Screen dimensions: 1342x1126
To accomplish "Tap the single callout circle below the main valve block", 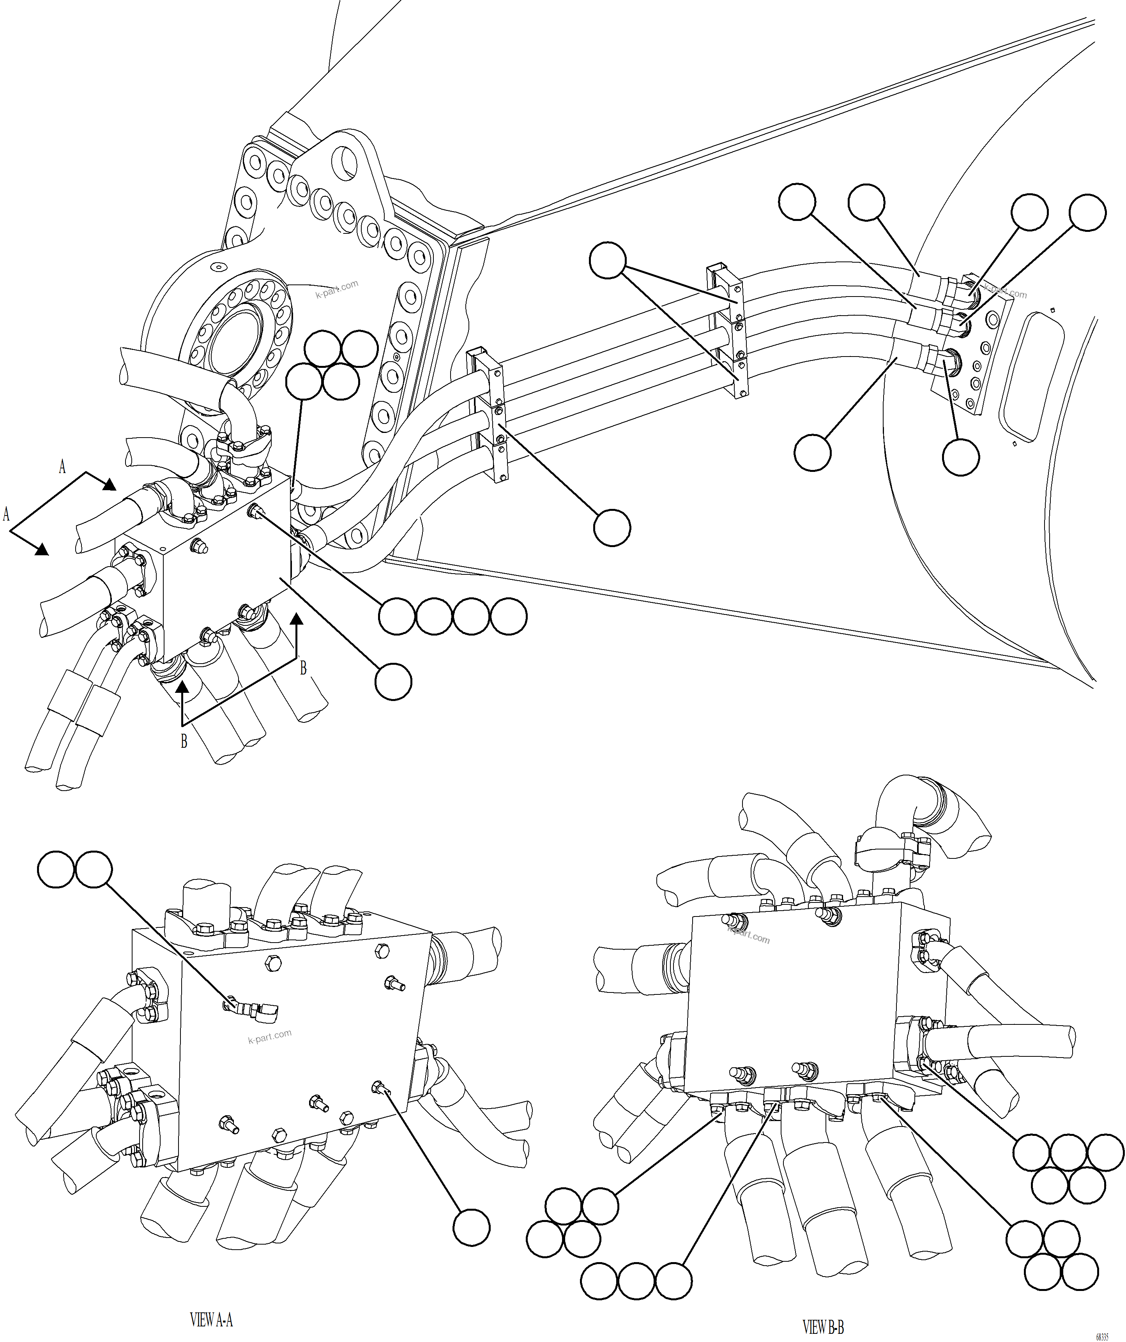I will click(393, 681).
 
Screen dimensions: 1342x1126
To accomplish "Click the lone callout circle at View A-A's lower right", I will click(472, 1227).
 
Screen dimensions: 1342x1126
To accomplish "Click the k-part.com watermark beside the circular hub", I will click(337, 290).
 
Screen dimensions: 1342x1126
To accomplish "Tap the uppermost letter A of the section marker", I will click(62, 467).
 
